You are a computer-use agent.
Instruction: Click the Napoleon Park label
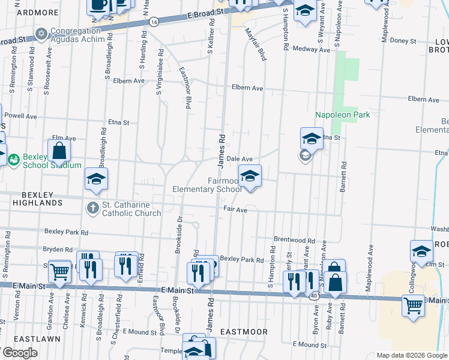[x=343, y=115]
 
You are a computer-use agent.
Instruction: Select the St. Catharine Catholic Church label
[x=131, y=209]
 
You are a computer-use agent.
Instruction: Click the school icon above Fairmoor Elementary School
[x=250, y=176]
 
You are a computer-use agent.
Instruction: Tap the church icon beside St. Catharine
[x=92, y=208]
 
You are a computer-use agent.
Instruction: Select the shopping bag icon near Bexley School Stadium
[x=59, y=151]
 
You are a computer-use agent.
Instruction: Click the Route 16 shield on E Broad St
[x=154, y=22]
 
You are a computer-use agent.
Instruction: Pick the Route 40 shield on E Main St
[x=314, y=296]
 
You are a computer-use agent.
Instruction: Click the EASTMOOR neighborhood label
[x=243, y=331]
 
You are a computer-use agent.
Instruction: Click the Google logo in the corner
[x=20, y=352]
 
